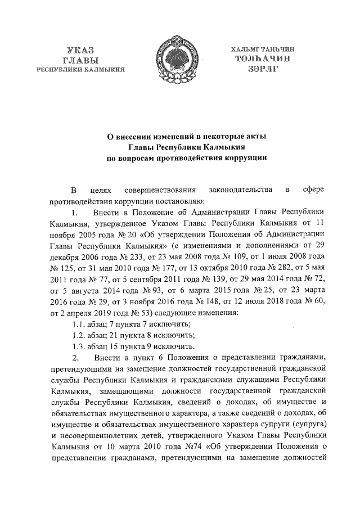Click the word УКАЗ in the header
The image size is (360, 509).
tap(80, 49)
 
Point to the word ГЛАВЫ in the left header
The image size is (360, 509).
tap(80, 59)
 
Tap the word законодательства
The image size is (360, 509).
tap(241, 190)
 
